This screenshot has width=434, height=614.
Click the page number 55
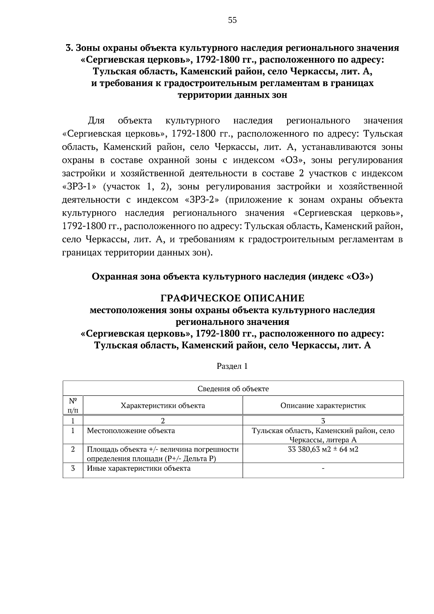233,20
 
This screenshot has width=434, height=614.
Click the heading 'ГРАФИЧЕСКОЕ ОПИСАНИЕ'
232,298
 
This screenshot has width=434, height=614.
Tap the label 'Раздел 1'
232,366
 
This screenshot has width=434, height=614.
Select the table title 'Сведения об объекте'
233,389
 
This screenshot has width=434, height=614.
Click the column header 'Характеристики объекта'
163,405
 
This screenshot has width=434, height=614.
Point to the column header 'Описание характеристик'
323,405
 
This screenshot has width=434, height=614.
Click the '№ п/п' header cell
73,405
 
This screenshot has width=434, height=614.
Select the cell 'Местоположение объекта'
131,431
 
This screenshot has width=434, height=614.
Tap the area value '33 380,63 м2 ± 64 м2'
323,449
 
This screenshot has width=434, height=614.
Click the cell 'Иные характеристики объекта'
139,468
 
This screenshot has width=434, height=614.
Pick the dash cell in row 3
323,469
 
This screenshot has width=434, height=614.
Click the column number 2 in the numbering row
163,420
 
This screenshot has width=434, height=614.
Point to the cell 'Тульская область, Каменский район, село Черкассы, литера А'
323,435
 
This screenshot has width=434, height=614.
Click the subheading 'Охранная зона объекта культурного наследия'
199,277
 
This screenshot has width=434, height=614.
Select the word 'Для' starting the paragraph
96,120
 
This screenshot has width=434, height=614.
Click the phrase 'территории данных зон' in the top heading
232,95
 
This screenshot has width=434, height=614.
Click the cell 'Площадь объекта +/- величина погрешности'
163,449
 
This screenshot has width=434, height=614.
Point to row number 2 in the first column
73,449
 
